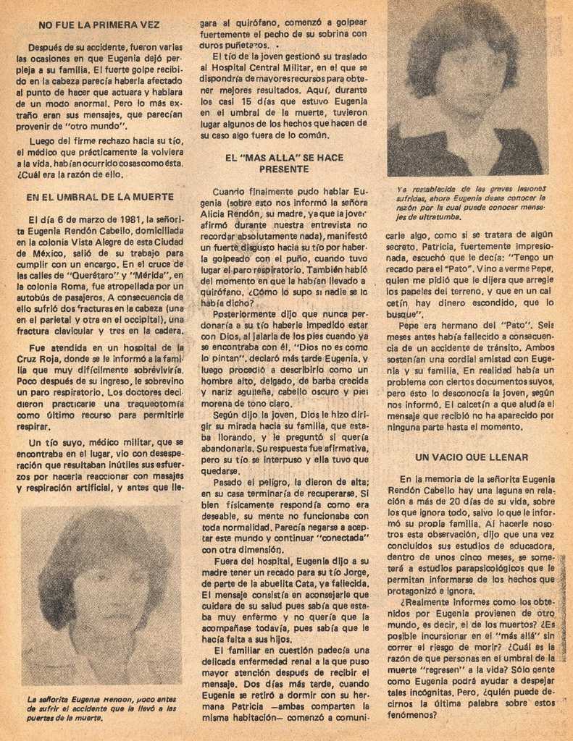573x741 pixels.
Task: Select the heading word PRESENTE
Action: [x=284, y=169]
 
